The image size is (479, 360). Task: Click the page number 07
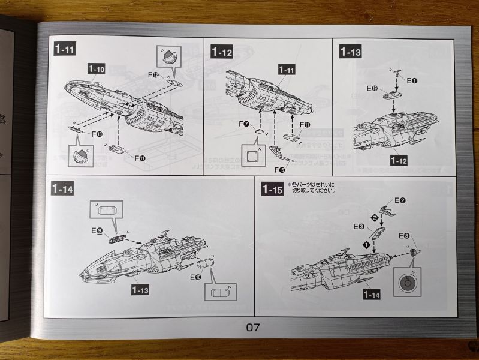point(252,327)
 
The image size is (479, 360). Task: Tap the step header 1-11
point(64,50)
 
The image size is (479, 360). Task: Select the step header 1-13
point(350,52)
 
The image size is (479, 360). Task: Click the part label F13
point(97,134)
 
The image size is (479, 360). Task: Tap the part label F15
point(279,169)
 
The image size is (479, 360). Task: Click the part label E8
point(405,236)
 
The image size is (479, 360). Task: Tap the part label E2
point(400,200)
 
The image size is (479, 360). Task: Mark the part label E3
point(359,226)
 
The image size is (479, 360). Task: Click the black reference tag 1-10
point(97,70)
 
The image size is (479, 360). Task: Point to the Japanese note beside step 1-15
point(312,187)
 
